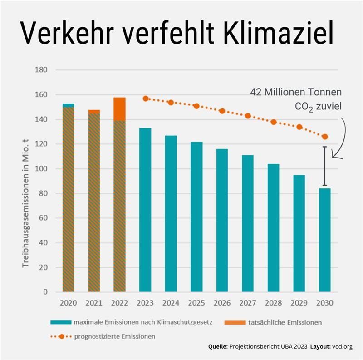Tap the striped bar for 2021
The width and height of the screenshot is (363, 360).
94,202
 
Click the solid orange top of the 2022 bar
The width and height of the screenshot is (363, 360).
119,109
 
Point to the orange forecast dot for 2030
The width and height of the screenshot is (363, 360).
325,137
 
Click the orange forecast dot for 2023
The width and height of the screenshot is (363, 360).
146,99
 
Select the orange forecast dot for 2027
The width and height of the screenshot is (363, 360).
248,116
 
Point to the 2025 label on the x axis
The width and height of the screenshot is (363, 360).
196,302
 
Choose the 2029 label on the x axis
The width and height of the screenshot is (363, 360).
299,302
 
